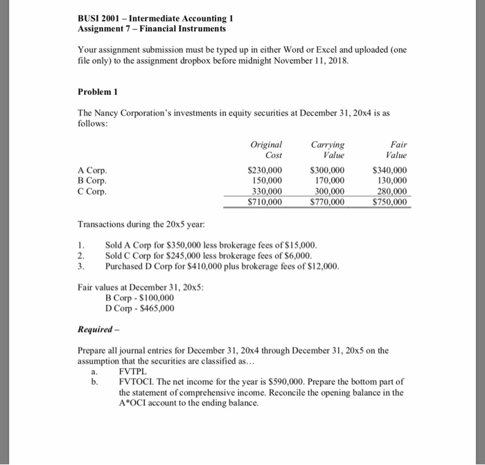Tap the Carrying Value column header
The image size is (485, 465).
(328, 150)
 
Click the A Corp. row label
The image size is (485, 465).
(93, 170)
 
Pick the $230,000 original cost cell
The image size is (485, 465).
(265, 170)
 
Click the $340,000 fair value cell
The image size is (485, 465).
(390, 170)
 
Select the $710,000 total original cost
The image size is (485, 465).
(265, 202)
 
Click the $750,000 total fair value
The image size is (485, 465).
(390, 202)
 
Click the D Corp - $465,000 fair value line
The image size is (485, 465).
(139, 308)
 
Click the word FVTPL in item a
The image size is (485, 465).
(134, 371)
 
